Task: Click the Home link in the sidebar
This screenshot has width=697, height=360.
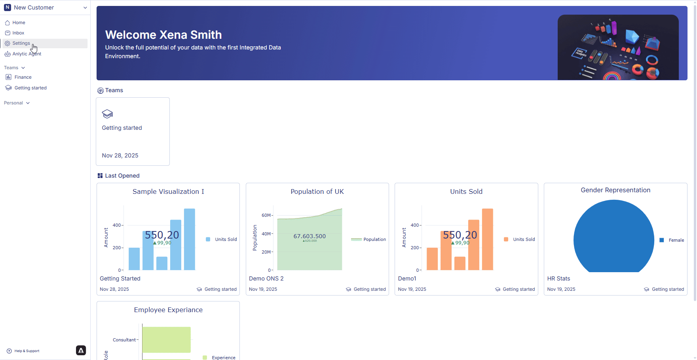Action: pos(18,23)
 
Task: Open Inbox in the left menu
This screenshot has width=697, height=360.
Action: pos(18,33)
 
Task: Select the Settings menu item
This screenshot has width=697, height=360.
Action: pos(21,43)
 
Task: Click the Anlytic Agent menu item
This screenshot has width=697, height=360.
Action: pos(27,54)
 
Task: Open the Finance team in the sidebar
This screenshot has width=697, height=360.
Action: pos(23,77)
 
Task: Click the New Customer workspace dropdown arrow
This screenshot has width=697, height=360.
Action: pos(85,8)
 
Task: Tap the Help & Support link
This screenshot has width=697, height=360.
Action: pos(27,351)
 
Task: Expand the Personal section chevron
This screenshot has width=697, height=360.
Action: pos(28,103)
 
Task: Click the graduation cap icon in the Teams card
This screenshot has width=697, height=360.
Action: pos(107,114)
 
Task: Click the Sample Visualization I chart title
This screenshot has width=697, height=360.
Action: pos(168,191)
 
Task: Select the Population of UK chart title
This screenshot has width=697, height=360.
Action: pos(317,191)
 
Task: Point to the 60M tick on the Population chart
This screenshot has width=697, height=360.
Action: pos(266,215)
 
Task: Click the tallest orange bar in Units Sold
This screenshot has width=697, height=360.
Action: pos(487,239)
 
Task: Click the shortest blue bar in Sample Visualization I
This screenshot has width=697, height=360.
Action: pos(162,263)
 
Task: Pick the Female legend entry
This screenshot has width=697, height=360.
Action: pos(676,240)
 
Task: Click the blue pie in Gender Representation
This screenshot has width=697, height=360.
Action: pos(613,237)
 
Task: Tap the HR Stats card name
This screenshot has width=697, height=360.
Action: pos(558,279)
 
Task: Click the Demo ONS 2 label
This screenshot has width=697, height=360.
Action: pos(266,279)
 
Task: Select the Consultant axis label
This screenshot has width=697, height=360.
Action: pos(124,340)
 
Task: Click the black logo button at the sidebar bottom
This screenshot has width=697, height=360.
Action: pos(81,351)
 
